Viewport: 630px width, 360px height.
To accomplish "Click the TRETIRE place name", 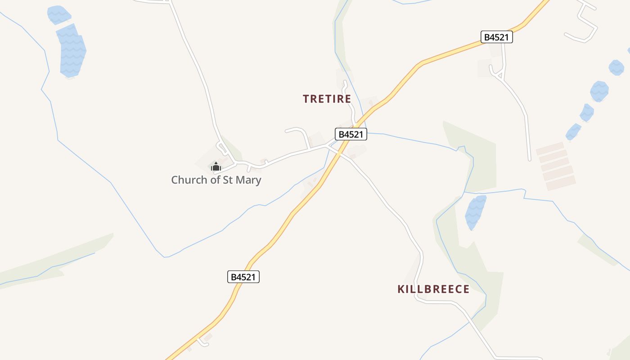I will [x=327, y=99].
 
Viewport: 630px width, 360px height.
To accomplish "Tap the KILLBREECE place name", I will [x=433, y=289].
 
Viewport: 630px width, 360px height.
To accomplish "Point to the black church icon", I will [x=216, y=166].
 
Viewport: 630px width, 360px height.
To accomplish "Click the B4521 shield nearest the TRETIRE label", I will [x=351, y=134].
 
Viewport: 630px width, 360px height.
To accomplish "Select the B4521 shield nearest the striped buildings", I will [x=497, y=37].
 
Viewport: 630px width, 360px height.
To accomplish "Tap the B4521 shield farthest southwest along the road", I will [x=243, y=277].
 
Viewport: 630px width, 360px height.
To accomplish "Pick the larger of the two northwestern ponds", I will [x=71, y=50].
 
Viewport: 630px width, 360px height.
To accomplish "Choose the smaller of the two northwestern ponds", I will [x=58, y=14].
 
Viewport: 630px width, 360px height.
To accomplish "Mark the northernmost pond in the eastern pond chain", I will [x=616, y=67].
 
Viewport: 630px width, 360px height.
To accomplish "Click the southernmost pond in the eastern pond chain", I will [x=573, y=132].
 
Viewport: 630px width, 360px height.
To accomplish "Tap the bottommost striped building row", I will [x=561, y=183].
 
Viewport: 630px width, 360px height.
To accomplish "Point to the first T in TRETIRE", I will [x=306, y=99].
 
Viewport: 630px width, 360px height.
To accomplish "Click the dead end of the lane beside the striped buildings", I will [x=529, y=159].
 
